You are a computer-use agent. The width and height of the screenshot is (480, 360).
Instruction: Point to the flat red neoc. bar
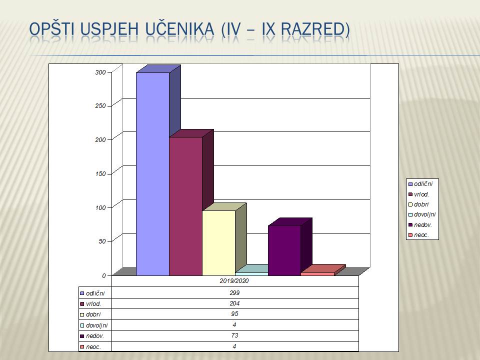[323, 270]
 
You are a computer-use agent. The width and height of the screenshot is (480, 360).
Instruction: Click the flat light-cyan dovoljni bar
[251, 270]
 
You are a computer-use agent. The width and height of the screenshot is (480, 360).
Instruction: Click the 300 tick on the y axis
[100, 72]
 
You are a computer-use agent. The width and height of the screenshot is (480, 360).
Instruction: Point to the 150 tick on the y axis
[100, 174]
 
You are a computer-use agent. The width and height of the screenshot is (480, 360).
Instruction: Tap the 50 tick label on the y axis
[102, 241]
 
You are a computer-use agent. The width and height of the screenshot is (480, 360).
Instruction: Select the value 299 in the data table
[234, 293]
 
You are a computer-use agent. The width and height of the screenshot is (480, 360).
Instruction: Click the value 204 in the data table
[234, 303]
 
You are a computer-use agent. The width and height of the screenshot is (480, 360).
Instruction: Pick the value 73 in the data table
[234, 335]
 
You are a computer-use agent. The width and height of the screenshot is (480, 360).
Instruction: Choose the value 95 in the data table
[234, 314]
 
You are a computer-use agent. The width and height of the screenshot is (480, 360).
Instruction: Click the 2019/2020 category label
[234, 280]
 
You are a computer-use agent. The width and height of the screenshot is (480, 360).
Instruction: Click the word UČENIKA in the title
[179, 29]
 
